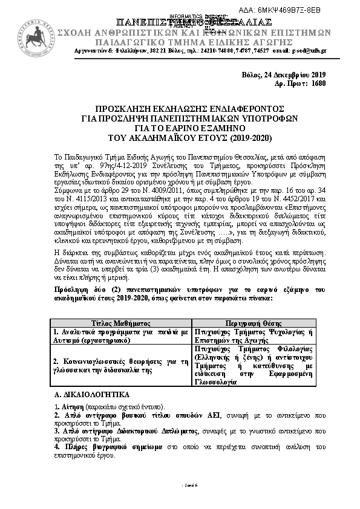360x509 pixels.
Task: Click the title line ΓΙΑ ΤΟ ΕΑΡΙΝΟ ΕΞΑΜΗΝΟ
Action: [180, 129]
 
